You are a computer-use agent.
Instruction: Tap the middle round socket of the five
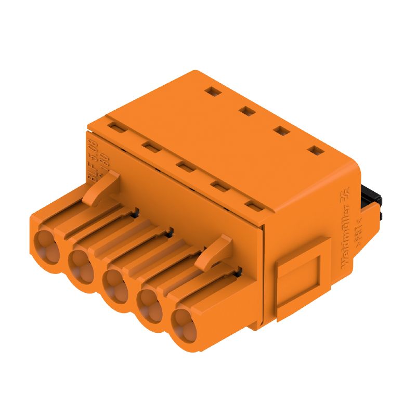114,283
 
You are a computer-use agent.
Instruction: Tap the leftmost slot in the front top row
116,128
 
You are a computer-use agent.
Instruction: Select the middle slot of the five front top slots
185,166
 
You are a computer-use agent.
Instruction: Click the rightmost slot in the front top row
254,206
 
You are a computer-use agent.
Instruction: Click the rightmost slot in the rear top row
315,151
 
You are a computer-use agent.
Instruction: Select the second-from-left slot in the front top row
151,147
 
